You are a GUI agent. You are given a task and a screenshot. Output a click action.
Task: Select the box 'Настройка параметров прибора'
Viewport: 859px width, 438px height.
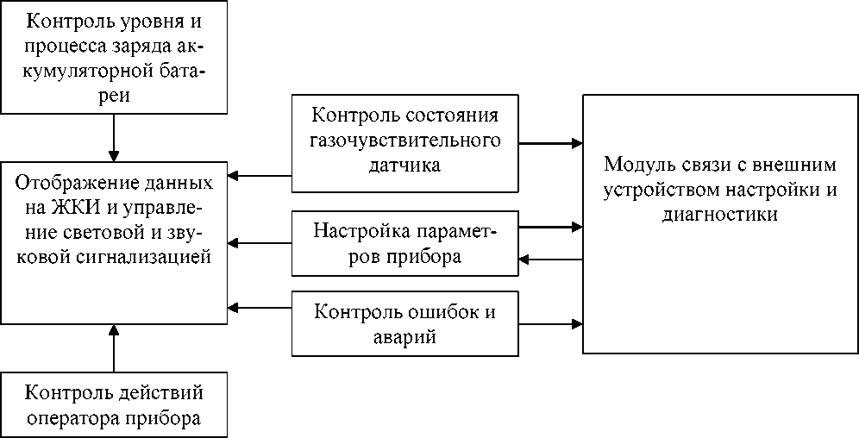coord(405,243)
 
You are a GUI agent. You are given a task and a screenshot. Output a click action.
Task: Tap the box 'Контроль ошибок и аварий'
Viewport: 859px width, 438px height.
coord(405,323)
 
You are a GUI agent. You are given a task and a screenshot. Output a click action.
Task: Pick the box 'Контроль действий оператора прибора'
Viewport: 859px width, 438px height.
coord(114,405)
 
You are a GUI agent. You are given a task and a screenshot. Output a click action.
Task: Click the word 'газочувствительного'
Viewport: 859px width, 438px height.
coord(405,141)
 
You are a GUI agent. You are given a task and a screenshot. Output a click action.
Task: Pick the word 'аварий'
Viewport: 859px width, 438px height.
coord(405,337)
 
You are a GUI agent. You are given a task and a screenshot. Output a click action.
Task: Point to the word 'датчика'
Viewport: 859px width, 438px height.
coord(404,165)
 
